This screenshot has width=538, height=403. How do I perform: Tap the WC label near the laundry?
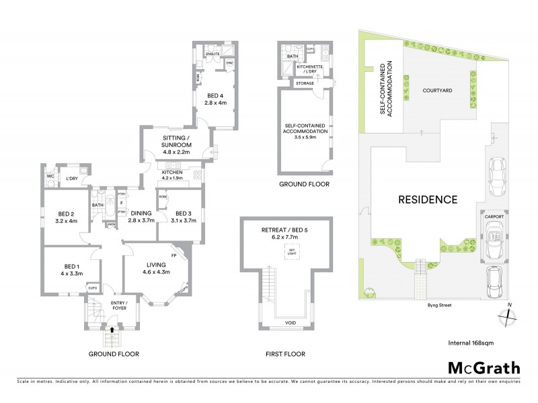pyautogui.click(x=50, y=177)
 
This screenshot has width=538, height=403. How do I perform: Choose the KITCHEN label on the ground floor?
pyautogui.click(x=173, y=171)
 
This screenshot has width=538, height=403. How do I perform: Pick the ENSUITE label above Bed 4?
pyautogui.click(x=213, y=52)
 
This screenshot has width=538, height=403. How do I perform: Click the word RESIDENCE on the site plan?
pyautogui.click(x=428, y=199)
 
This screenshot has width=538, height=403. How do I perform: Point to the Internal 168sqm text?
pyautogui.click(x=471, y=343)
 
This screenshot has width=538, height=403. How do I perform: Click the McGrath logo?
pyautogui.click(x=483, y=368)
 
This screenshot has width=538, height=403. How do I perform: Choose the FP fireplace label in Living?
pyautogui.click(x=174, y=256)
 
